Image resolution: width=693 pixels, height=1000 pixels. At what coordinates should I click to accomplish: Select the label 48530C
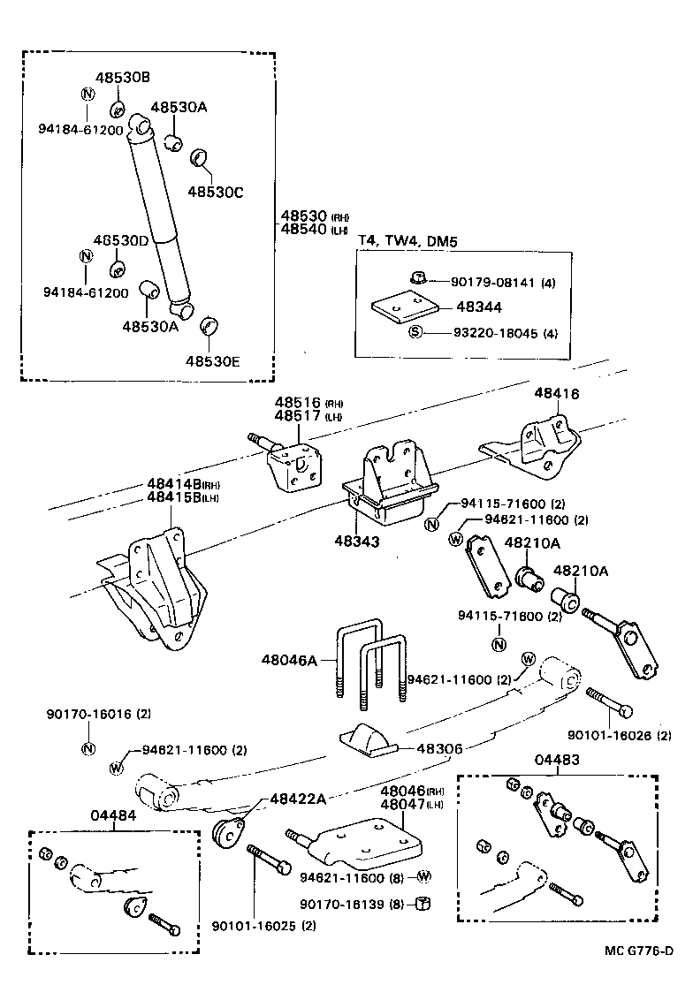pos(215,191)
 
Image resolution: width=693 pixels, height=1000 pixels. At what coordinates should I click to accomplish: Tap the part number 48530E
pos(213,360)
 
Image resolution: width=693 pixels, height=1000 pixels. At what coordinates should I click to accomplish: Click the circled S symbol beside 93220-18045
pos(415,333)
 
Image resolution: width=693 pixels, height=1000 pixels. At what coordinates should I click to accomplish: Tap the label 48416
pos(557,394)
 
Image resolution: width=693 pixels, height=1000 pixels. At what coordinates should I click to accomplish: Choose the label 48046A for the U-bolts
pos(289,659)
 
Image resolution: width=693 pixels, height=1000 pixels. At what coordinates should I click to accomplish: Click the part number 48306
pos(440,749)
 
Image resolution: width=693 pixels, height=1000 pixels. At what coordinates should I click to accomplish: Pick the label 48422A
pos(298,799)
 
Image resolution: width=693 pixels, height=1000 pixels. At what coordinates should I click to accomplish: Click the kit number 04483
pos(557,759)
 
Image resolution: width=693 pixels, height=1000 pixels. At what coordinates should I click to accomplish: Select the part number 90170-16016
pos(88,713)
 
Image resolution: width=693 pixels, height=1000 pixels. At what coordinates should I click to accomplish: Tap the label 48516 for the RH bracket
pos(298,401)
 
